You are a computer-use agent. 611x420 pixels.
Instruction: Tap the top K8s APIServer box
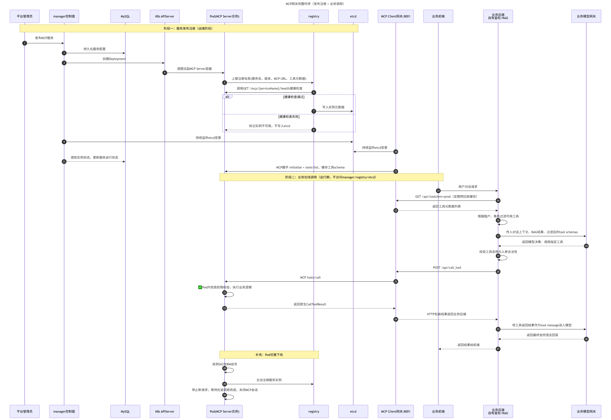point(165,16)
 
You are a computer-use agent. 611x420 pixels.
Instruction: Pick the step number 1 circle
point(25,43)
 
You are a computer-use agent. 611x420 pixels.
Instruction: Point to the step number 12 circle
point(396,171)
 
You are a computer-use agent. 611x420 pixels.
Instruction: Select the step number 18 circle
point(586,246)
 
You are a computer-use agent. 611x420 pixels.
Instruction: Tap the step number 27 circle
point(498,349)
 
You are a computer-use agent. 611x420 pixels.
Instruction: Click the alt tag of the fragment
point(227,97)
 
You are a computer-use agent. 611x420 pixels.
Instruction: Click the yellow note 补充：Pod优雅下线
point(269,355)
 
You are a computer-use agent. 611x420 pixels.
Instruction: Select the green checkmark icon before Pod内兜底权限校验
point(200,287)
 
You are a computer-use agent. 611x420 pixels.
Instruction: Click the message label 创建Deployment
point(114,59)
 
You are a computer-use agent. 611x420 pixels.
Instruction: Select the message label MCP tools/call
point(310,277)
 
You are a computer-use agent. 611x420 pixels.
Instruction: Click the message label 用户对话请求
point(468,187)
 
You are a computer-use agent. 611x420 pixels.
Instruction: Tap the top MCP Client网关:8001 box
point(396,16)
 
